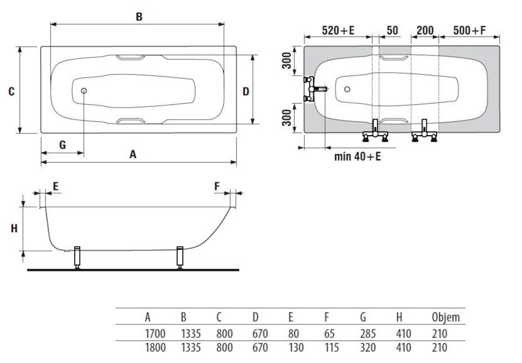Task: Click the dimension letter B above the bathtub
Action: [x=139, y=17]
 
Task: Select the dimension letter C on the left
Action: [x=12, y=92]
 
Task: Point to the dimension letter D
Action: [x=246, y=92]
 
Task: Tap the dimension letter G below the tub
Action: [x=63, y=145]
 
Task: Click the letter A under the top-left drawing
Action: [x=133, y=154]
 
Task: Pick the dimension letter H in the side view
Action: [x=14, y=228]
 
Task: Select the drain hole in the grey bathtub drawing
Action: [x=347, y=89]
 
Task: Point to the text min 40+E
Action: [x=357, y=157]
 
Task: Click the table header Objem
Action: [x=445, y=317]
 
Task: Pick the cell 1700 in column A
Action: [x=155, y=334]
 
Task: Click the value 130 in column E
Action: [x=296, y=348]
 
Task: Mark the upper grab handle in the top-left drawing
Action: [x=130, y=57]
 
